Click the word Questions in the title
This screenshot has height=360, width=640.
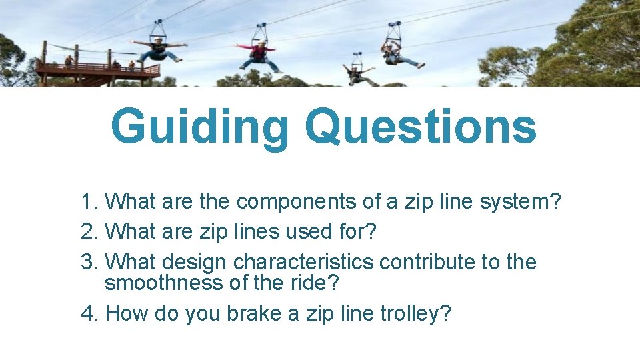420,127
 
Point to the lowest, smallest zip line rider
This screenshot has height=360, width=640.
359,71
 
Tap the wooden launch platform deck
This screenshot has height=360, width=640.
99,70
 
